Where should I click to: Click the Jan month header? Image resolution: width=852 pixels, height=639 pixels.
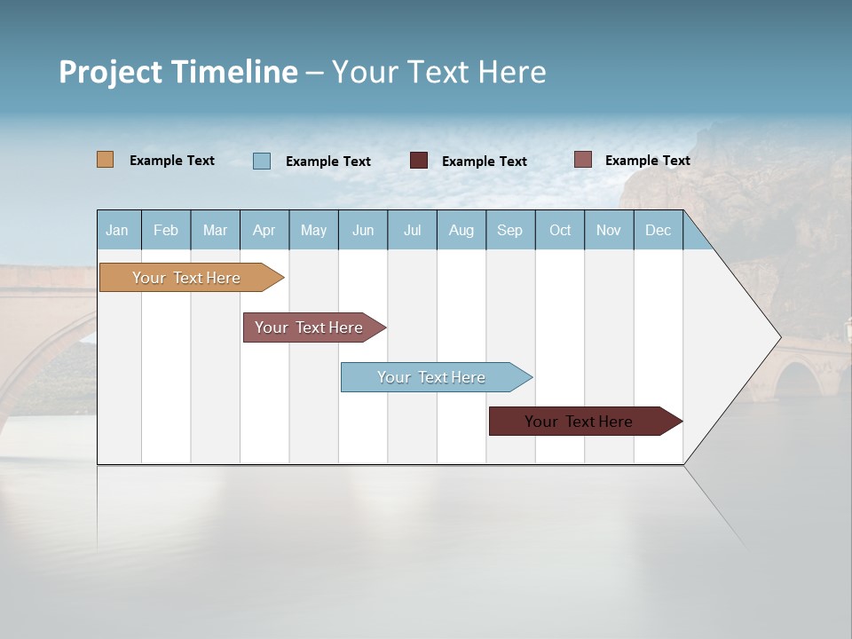[117, 230]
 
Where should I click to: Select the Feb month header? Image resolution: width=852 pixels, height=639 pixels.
[166, 230]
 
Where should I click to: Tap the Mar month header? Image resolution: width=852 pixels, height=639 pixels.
[215, 230]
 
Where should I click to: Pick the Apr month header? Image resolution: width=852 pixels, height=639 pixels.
[264, 230]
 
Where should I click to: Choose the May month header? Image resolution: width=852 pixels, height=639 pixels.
[313, 230]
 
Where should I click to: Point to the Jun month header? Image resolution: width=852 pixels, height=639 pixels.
[363, 230]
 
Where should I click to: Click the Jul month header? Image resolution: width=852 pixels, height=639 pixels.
[412, 230]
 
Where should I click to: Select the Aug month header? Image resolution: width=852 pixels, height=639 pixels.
[461, 230]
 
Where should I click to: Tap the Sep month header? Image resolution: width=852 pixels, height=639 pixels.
[509, 230]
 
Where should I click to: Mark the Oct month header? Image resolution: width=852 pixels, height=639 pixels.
[560, 230]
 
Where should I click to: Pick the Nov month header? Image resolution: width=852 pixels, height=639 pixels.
[609, 230]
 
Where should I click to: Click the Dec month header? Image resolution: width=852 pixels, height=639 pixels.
[658, 230]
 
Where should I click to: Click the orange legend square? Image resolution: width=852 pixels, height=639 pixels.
[105, 160]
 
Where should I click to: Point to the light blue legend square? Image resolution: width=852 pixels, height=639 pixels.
[261, 161]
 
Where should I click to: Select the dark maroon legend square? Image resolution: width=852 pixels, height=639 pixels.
[419, 161]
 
